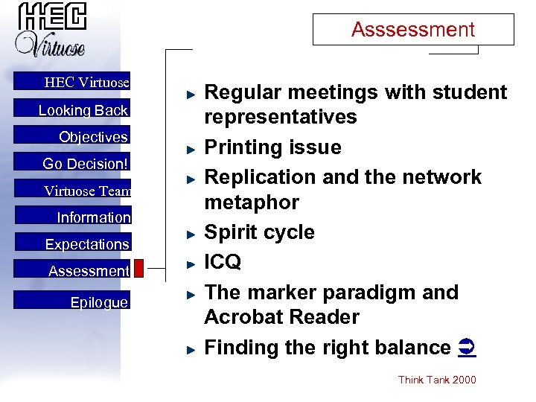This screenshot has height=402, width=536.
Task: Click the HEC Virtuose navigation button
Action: click(x=86, y=83)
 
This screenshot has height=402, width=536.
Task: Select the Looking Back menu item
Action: click(x=83, y=110)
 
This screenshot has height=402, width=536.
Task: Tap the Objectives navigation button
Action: click(x=93, y=137)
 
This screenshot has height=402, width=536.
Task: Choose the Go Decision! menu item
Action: click(x=86, y=164)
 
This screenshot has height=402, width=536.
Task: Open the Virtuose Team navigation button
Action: click(x=87, y=191)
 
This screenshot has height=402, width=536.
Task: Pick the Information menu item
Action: click(x=94, y=217)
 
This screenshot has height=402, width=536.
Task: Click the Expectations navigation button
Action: click(x=87, y=244)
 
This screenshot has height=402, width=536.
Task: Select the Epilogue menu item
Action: click(x=99, y=302)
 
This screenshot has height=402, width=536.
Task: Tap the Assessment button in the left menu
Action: click(x=89, y=271)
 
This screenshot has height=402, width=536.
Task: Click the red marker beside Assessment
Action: click(x=138, y=269)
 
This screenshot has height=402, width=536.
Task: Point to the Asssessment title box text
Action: click(x=412, y=30)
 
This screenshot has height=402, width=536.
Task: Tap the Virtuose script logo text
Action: click(x=51, y=45)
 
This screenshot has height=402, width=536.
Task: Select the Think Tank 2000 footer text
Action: click(x=437, y=380)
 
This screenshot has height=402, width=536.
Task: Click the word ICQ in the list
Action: click(x=223, y=262)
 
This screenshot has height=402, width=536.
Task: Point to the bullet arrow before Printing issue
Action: click(x=191, y=149)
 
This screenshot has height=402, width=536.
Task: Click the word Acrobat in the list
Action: click(x=243, y=317)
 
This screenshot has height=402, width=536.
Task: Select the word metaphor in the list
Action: click(x=252, y=202)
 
